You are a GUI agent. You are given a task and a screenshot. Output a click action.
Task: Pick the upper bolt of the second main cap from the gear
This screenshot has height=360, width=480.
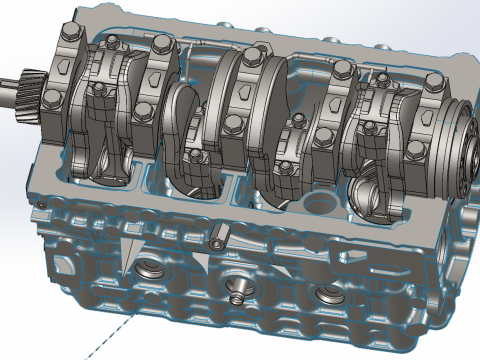coord(160,43)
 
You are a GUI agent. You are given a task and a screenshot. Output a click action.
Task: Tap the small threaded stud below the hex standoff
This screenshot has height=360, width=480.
coord(236,296)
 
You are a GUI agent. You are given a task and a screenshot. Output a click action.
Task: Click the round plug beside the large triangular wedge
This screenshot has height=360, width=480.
coord(148,267)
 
